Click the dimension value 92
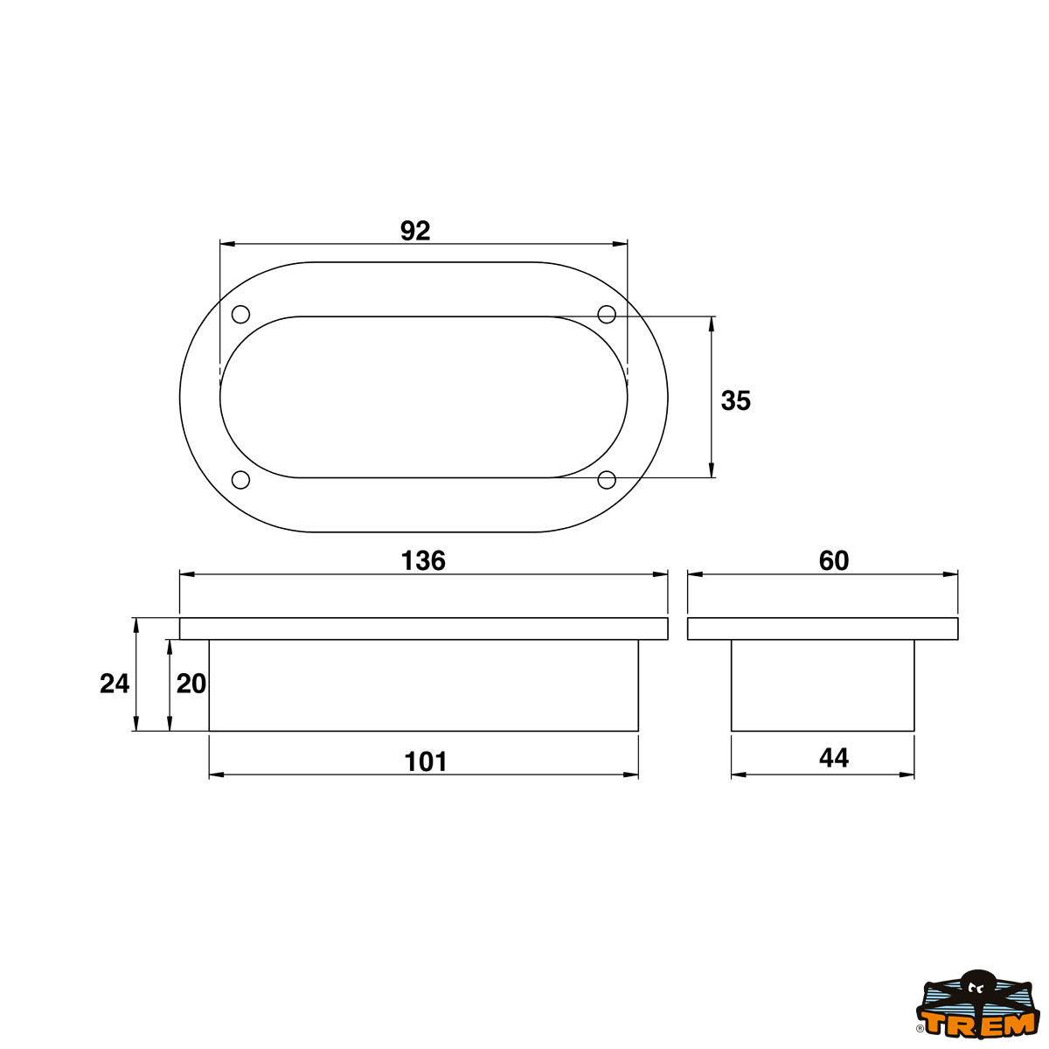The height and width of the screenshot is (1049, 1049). click(415, 231)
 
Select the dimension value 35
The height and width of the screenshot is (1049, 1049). click(735, 400)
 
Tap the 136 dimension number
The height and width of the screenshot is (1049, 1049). click(423, 560)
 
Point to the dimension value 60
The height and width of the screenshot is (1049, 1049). click(833, 560)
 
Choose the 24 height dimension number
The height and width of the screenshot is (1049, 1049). click(115, 684)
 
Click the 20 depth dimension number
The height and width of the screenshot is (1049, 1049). click(191, 684)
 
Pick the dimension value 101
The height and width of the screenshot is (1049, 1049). click(426, 762)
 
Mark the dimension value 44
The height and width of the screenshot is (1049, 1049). click(833, 758)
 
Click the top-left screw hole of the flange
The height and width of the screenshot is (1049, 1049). click(240, 314)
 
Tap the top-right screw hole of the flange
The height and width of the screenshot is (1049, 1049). click(607, 314)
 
